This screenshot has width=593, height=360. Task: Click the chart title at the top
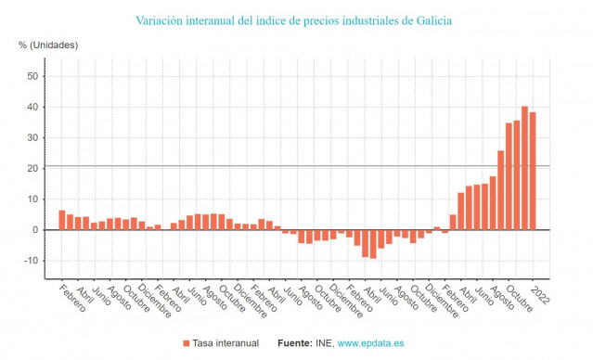297,19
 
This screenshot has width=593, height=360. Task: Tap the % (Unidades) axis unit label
48,45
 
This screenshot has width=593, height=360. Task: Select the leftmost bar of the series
62,220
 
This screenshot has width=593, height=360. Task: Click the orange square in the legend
187,343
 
